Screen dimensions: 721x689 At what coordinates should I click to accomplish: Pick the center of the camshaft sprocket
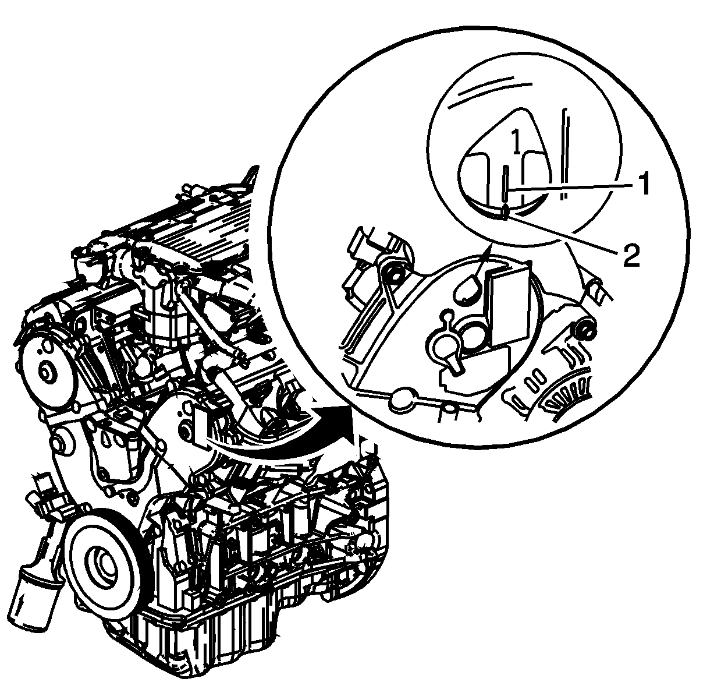click(x=45, y=372)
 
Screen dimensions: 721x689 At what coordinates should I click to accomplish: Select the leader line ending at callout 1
click(x=573, y=187)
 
